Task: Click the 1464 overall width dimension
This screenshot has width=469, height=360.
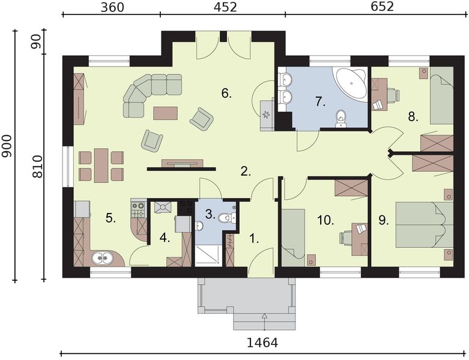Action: (x=262, y=343)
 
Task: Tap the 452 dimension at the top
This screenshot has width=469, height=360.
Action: (x=225, y=7)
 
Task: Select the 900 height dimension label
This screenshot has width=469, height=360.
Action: (x=7, y=146)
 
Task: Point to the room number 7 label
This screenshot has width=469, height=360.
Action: (x=320, y=102)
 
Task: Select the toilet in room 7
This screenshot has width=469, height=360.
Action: (x=340, y=119)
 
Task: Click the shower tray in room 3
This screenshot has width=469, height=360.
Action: (x=208, y=255)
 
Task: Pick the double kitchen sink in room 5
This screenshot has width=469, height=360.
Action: (x=101, y=258)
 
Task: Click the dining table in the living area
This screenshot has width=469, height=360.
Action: (x=101, y=166)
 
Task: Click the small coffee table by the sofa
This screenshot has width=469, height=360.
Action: (x=165, y=113)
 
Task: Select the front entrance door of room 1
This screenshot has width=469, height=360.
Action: (x=261, y=263)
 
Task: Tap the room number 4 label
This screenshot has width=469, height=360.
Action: (x=165, y=238)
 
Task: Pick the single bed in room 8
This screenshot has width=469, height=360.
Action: (x=442, y=95)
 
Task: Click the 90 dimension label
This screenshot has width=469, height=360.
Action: (x=36, y=41)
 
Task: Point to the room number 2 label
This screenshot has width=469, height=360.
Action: (x=246, y=171)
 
